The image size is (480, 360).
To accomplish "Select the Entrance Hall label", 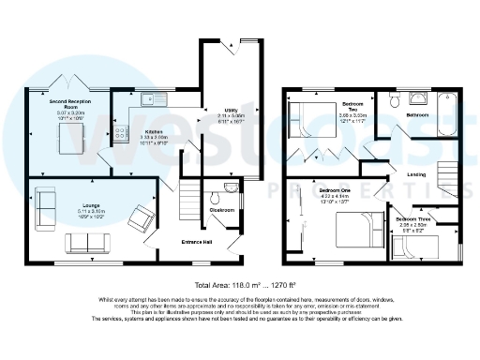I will tap(197, 242).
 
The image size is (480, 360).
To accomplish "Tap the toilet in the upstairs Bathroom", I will tap(397, 98).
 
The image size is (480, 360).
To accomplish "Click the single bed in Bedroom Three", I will tap(412, 249).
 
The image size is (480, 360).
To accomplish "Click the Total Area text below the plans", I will tap(238, 284).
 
